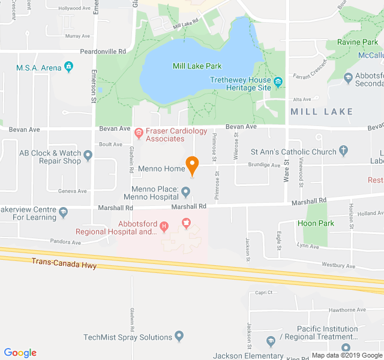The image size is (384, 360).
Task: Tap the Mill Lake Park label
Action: point(197,66)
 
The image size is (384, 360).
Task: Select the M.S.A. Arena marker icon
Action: point(69,67)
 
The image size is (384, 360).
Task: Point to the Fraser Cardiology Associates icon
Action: point(139,131)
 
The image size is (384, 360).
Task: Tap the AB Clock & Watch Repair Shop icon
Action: point(88,157)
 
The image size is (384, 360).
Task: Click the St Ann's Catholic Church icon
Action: point(343,151)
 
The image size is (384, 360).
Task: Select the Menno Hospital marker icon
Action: point(186,193)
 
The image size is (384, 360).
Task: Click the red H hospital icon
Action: point(164,227)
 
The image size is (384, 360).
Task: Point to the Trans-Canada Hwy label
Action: point(64,263)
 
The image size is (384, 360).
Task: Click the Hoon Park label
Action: point(316,223)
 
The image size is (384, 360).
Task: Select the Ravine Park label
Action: point(357,42)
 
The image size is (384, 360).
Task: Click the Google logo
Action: point(20,353)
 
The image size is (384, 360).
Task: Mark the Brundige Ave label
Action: point(265,165)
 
